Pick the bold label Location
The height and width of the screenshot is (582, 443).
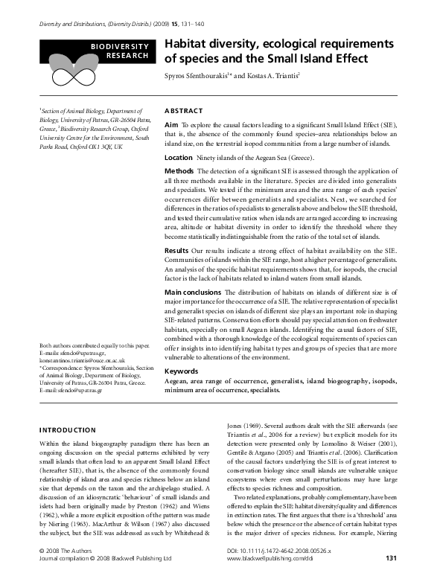tap(178, 158)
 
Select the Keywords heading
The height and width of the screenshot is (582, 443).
tap(181, 370)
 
